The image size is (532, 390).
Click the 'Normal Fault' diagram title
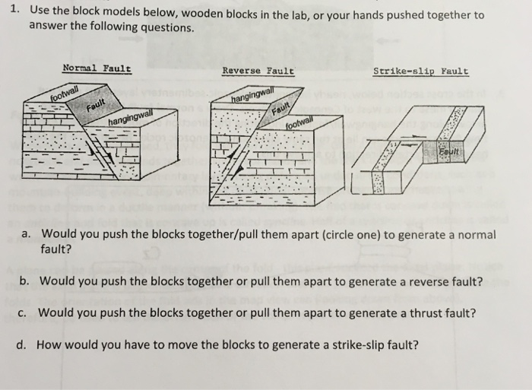(x=97, y=68)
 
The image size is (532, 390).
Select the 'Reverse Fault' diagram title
(x=258, y=71)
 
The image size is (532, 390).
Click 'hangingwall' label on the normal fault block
(x=134, y=119)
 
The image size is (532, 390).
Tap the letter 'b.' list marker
(x=25, y=280)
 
